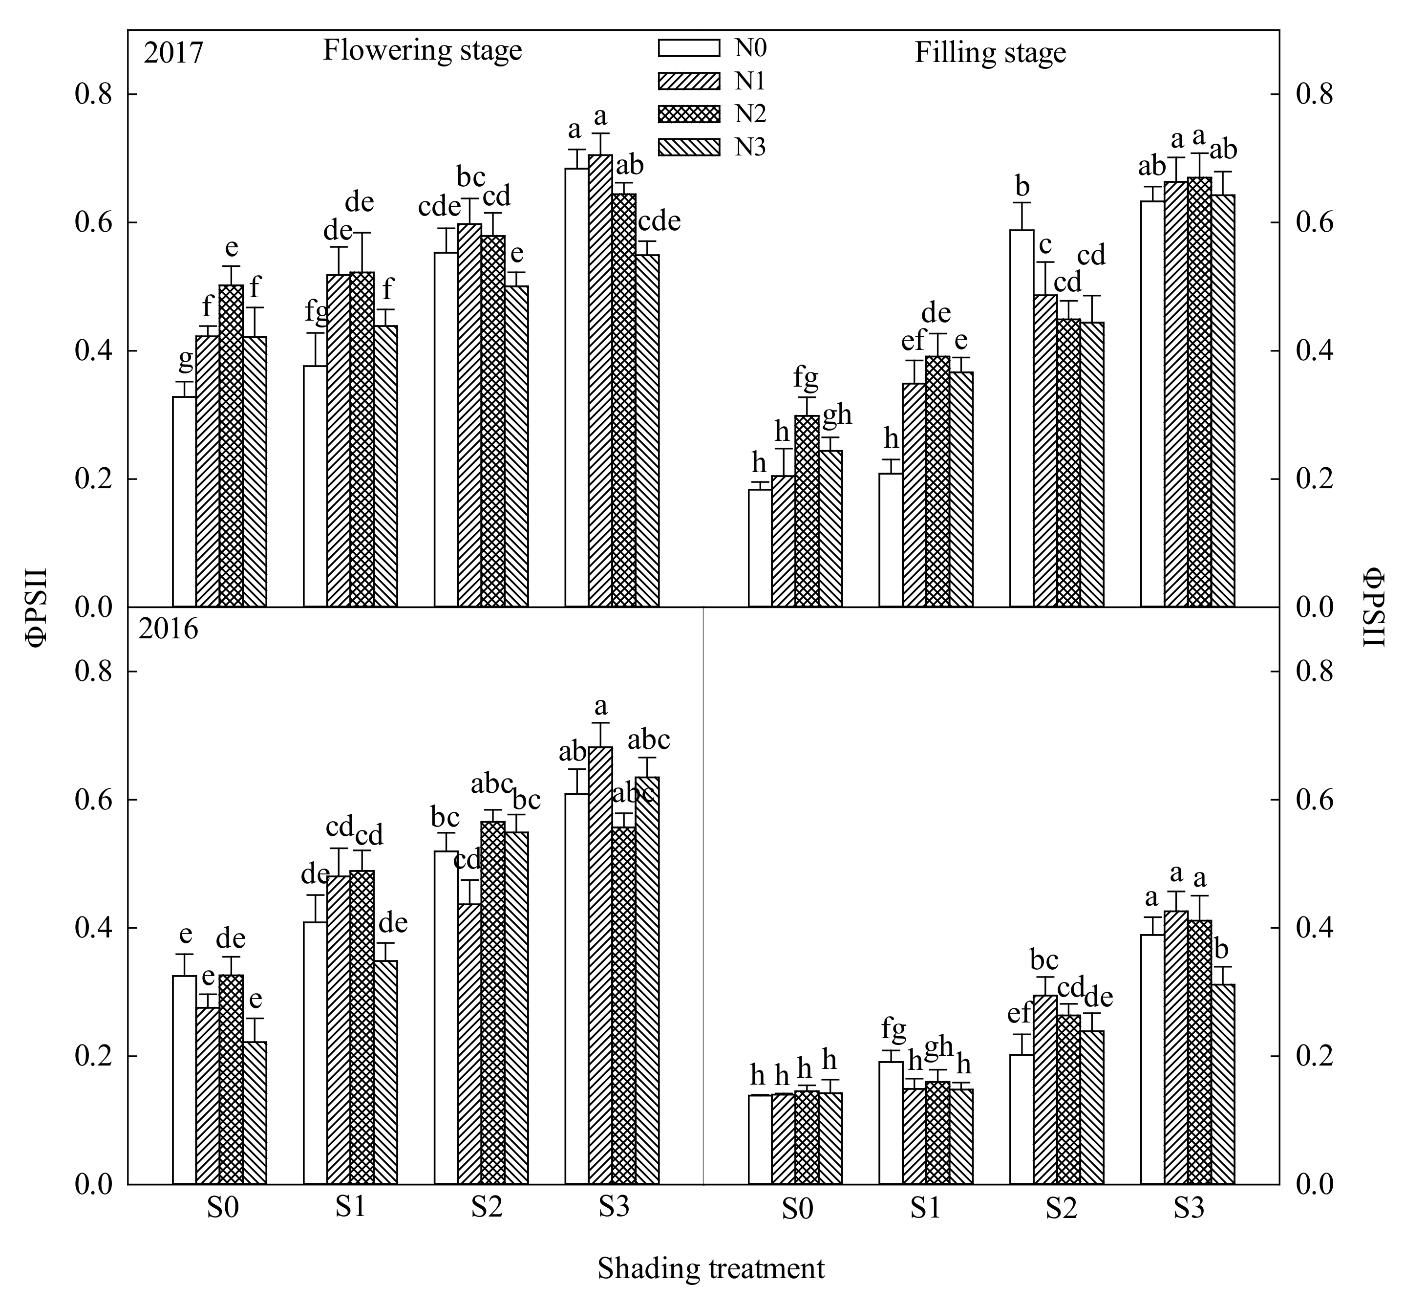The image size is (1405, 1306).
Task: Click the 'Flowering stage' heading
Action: [x=423, y=51]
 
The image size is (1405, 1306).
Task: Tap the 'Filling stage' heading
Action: [x=990, y=53]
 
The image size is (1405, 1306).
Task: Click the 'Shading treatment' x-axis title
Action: [x=711, y=1268]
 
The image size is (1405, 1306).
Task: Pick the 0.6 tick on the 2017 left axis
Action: [x=95, y=222]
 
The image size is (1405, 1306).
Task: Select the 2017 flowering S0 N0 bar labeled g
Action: [x=184, y=502]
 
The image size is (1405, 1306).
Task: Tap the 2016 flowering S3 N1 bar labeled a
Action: [x=600, y=965]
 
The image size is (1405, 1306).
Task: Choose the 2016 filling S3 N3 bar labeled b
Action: [x=1223, y=1084]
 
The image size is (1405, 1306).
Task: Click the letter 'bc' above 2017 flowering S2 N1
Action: [x=471, y=176]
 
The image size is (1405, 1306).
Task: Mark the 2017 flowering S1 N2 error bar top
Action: [x=362, y=233]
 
